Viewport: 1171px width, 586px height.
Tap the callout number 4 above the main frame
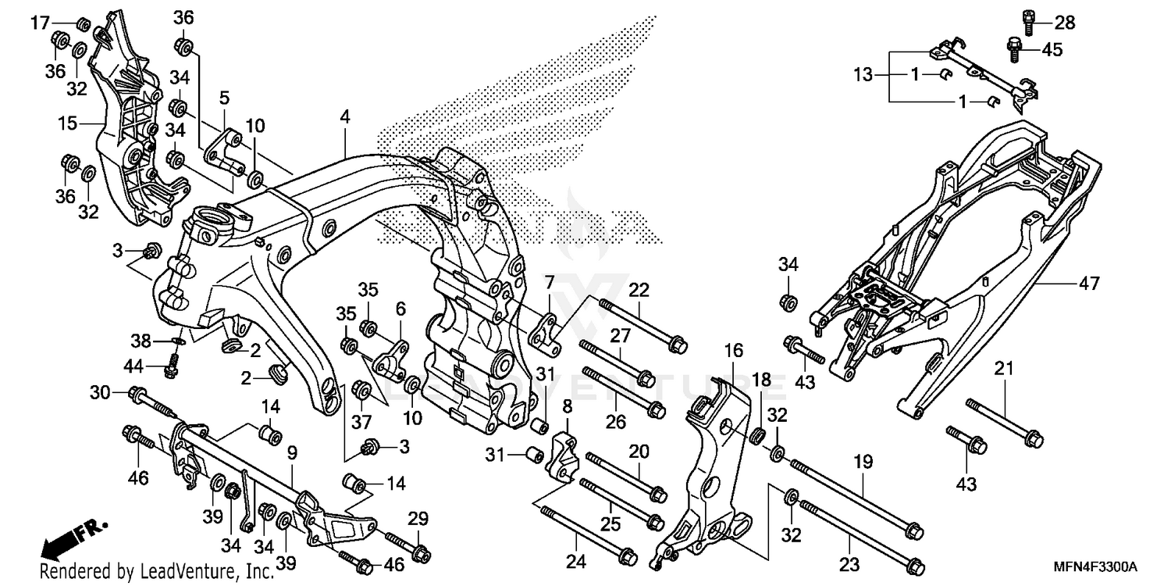(344, 118)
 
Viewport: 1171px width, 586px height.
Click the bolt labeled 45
(1014, 48)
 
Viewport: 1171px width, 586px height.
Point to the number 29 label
(418, 517)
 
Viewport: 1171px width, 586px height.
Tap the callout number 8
(567, 406)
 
